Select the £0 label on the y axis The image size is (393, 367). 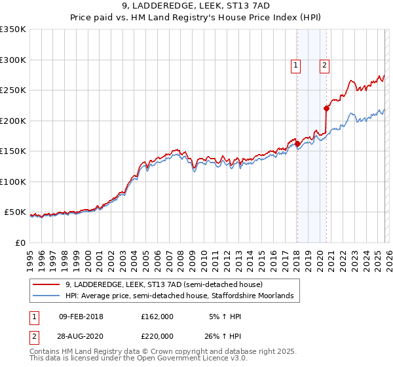point(19,242)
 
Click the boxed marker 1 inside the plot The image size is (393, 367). point(296,65)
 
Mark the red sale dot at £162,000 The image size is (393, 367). point(297,144)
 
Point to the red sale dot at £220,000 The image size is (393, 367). point(326,109)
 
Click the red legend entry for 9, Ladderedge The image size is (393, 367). point(164,285)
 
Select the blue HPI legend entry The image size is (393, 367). point(181,297)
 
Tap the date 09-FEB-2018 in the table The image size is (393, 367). point(81,317)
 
